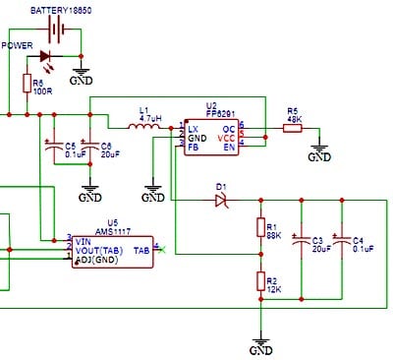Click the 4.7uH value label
pyautogui.click(x=150, y=117)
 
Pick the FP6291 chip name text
pyautogui.click(x=218, y=114)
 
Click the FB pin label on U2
pyautogui.click(x=194, y=147)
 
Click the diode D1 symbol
pyautogui.click(x=220, y=200)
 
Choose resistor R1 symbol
pyautogui.click(x=260, y=229)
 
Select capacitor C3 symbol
pyautogui.click(x=302, y=242)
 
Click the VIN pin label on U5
pyautogui.click(x=83, y=239)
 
